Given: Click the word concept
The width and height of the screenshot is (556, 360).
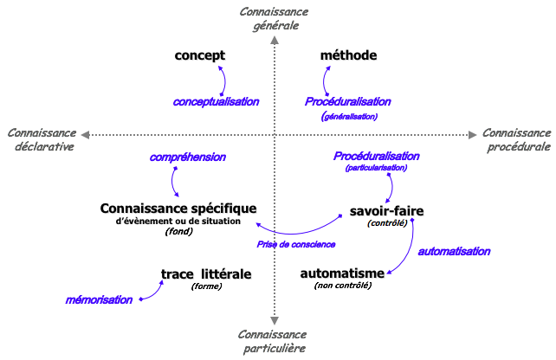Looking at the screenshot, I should (x=199, y=55).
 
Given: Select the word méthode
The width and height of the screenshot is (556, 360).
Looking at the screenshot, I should (x=348, y=55).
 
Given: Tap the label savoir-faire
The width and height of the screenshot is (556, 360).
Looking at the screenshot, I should (x=387, y=210).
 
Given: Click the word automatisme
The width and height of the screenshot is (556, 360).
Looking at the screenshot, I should (x=342, y=273).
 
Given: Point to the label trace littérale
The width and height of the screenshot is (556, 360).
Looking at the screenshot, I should (x=206, y=274).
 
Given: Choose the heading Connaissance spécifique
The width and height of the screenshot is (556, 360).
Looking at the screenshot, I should (x=178, y=209).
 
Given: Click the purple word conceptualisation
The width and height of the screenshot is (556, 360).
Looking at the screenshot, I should (x=216, y=101).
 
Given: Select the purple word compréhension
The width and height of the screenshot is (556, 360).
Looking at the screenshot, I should (x=188, y=157).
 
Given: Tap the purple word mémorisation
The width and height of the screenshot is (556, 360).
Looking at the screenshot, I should (x=100, y=300).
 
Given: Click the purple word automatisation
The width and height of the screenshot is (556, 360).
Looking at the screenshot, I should (x=454, y=252).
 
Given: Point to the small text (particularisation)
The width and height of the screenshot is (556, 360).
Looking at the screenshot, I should (x=376, y=168).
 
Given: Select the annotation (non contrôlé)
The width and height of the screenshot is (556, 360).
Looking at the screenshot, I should (x=342, y=286).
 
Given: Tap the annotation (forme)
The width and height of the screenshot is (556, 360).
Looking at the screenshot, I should (x=207, y=286).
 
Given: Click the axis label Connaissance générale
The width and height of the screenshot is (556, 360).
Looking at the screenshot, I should (x=275, y=18).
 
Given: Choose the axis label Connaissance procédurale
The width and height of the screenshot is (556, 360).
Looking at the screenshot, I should (x=516, y=139).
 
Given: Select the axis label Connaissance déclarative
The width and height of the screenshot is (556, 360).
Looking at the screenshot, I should (x=42, y=139).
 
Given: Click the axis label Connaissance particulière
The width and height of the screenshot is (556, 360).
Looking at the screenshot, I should (x=275, y=341).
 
